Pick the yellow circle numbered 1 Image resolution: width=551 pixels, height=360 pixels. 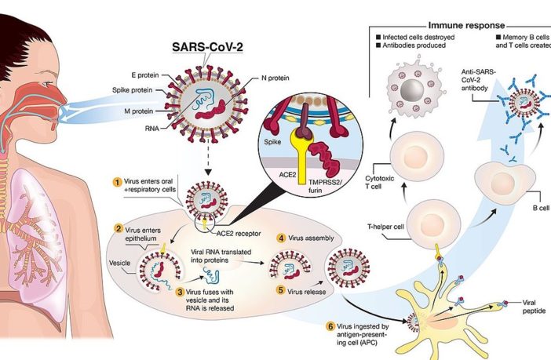click(117, 182)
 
